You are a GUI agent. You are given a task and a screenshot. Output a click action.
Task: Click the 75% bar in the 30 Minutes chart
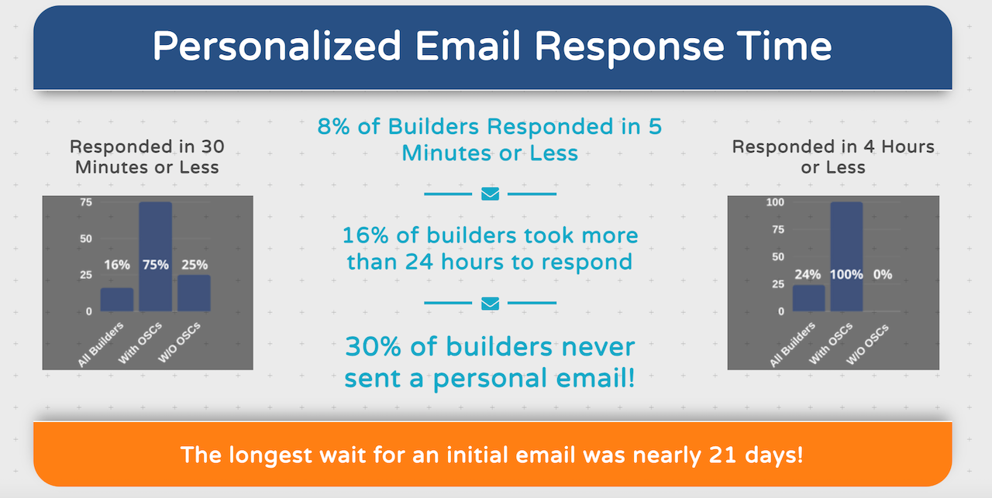(156, 256)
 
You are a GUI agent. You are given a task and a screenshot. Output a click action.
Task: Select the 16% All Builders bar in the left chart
(117, 299)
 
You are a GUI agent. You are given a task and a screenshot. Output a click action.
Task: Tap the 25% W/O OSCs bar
(194, 293)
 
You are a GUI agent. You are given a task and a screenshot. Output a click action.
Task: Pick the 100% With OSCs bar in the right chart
(846, 256)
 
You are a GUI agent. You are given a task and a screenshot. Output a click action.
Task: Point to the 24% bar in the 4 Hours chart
(808, 298)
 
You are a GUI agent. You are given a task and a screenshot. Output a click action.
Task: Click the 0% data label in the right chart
(883, 274)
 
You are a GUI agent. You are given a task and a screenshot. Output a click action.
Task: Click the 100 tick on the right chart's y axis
(775, 202)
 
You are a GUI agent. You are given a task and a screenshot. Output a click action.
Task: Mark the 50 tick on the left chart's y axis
(86, 239)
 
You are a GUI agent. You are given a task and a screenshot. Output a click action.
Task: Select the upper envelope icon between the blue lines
(491, 194)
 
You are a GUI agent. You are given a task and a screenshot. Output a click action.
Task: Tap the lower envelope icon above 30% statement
(491, 304)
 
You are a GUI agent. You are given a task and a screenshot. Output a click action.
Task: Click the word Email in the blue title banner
(467, 46)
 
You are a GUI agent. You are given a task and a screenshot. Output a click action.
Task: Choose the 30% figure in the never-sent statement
(373, 347)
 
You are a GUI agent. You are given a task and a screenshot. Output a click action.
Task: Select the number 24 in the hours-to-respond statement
(419, 262)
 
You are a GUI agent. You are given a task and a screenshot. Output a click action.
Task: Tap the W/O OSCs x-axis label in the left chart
(179, 342)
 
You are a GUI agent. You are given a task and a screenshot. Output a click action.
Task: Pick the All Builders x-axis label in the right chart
(792, 345)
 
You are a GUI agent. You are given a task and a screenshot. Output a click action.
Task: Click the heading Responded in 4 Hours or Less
(833, 156)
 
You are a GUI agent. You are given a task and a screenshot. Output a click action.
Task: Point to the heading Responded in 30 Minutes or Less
(147, 156)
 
